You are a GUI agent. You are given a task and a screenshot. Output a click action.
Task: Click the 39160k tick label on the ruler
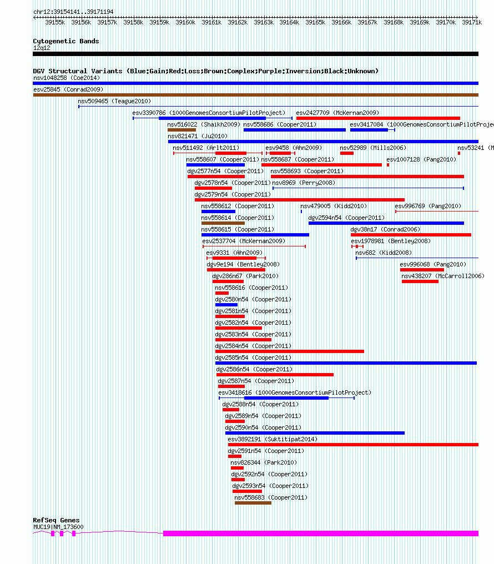[185, 22]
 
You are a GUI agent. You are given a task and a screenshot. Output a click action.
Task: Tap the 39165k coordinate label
[315, 22]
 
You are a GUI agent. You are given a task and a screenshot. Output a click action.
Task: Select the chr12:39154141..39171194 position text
[73, 12]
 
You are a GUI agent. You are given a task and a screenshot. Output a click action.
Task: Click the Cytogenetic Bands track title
[66, 41]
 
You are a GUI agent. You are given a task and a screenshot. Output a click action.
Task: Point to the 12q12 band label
[42, 48]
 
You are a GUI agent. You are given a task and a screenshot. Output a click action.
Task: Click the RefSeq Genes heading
[56, 520]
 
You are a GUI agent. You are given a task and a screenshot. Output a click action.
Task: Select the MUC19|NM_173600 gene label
[58, 527]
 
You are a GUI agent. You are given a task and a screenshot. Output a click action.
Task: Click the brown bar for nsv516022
[182, 130]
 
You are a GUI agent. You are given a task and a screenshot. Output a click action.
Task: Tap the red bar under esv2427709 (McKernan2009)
[378, 118]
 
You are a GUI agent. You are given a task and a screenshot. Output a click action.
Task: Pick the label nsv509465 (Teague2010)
[114, 101]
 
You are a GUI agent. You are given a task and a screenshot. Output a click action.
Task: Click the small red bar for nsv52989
[347, 153]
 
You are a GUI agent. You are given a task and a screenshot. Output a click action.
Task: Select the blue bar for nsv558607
[215, 165]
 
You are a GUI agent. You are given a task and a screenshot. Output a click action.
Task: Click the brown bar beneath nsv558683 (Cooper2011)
[253, 503]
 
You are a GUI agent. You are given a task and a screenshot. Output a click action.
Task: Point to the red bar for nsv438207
[420, 281]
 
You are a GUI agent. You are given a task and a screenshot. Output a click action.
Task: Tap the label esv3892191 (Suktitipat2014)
[273, 439]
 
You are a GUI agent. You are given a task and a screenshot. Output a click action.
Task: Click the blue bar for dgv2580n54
[226, 305]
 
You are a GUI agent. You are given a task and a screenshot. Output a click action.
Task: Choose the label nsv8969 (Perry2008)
[304, 183]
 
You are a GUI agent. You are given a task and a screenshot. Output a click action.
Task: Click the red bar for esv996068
[422, 270]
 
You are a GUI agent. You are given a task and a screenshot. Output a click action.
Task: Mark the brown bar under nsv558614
[223, 223]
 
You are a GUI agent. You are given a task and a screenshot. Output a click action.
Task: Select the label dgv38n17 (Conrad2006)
[385, 229]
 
